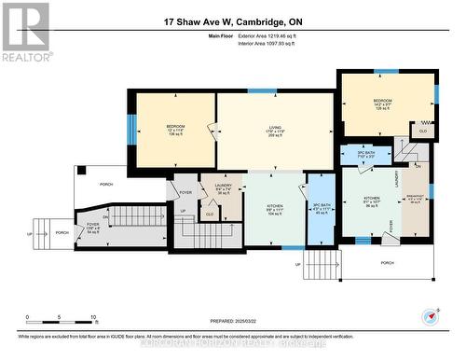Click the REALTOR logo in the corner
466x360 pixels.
pyautogui.click(x=25, y=31)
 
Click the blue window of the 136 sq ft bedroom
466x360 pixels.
pyautogui.click(x=131, y=129)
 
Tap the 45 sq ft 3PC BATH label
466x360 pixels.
pyautogui.click(x=322, y=207)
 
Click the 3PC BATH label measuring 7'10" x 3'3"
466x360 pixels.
pyautogui.click(x=365, y=154)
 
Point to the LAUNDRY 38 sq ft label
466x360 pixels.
pyautogui.click(x=223, y=190)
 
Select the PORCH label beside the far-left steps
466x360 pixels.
pyautogui.click(x=62, y=232)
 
